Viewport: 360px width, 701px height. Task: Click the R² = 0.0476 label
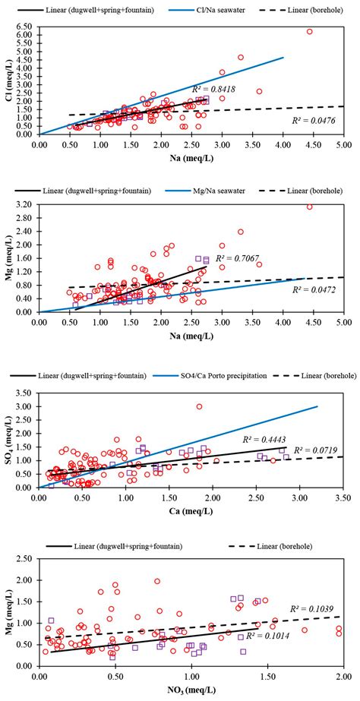tap(313, 120)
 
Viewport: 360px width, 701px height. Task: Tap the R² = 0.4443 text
tap(263, 439)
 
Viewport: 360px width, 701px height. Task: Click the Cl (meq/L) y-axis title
tap(8, 84)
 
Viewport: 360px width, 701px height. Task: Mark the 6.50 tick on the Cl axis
tap(24, 25)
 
